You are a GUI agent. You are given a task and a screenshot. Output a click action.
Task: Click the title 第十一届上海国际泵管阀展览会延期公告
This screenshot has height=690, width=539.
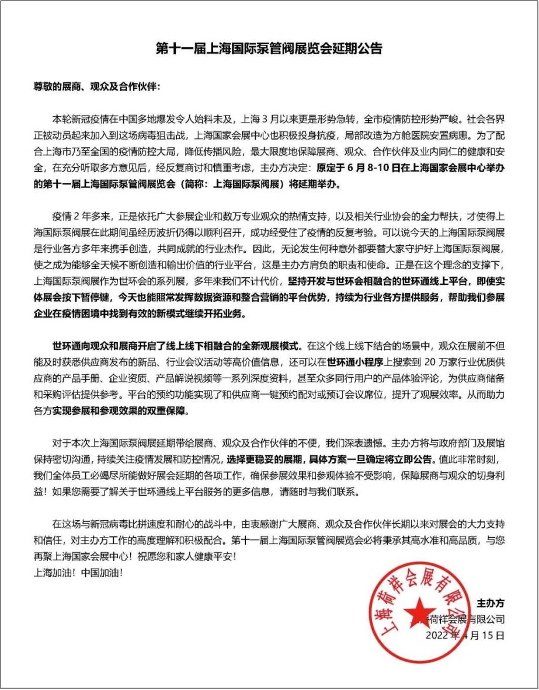click(269, 49)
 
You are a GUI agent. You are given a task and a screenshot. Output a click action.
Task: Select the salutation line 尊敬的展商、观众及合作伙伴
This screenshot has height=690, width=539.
click(96, 86)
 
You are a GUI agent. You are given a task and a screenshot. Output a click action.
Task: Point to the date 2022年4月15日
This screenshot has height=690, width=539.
click(465, 635)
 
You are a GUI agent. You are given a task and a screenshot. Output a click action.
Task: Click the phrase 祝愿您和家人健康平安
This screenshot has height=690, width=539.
click(188, 557)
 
